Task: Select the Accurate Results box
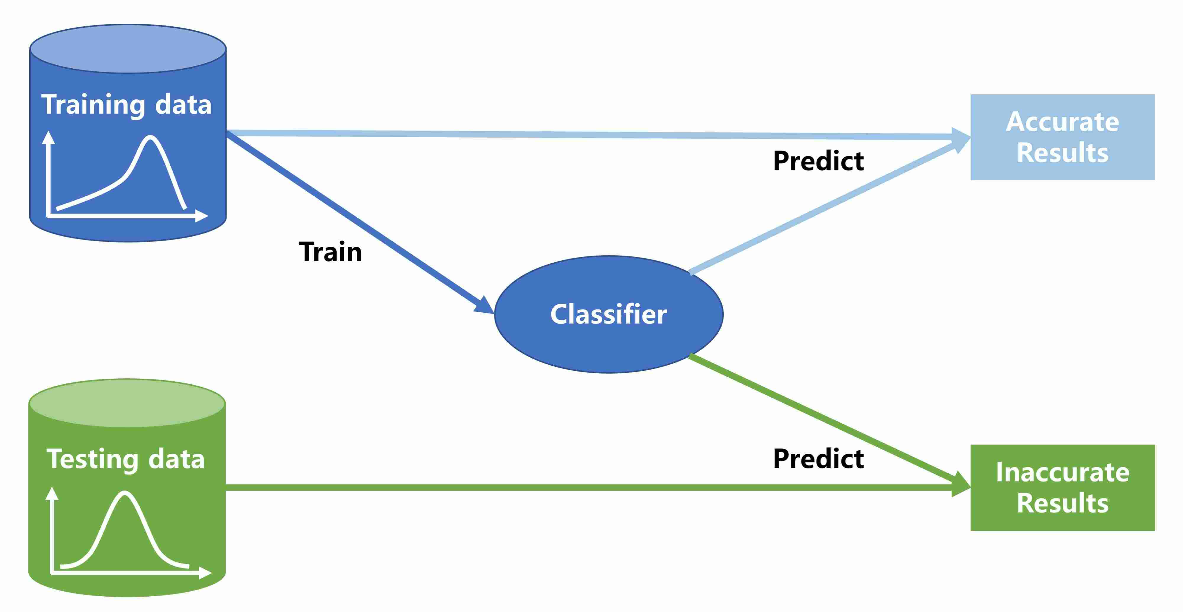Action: tap(1062, 137)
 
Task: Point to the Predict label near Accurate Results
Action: tap(818, 161)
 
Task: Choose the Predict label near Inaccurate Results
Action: tap(818, 458)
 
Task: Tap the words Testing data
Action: tap(125, 459)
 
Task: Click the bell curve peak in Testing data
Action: tap(125, 493)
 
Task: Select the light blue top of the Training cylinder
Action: tap(128, 48)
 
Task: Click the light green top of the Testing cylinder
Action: tap(127, 403)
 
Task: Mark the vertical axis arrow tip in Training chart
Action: tap(48, 135)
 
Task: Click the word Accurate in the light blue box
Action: tap(1062, 122)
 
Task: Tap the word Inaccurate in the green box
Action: tap(1062, 472)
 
